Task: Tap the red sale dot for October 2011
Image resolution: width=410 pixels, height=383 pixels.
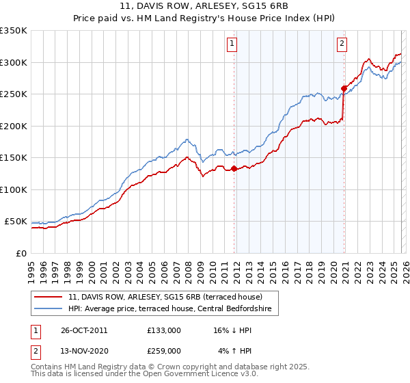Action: coord(234,168)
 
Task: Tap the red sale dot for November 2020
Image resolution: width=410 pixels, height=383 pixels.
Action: coord(344,88)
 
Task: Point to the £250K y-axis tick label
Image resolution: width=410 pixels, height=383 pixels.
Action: coord(14,94)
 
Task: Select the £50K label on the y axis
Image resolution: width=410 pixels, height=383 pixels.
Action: coord(16,222)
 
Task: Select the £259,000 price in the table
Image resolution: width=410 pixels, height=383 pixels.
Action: coord(164,351)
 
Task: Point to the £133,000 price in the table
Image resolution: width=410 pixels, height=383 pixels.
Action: coord(164,330)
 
